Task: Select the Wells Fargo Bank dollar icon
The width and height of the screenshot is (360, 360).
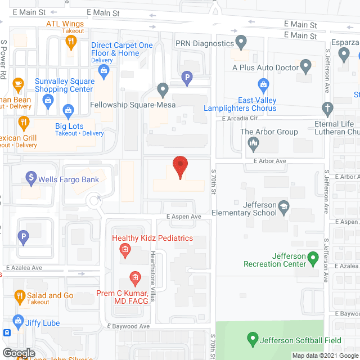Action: (x=31, y=179)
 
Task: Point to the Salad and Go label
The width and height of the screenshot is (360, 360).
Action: (x=53, y=295)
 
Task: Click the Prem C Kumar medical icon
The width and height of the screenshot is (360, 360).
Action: (x=134, y=277)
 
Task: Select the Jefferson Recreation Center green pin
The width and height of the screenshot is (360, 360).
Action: (x=313, y=259)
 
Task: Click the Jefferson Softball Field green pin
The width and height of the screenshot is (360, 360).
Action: (x=253, y=339)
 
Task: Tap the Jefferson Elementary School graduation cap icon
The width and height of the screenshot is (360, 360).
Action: (x=283, y=208)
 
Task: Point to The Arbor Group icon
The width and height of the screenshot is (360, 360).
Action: (x=253, y=145)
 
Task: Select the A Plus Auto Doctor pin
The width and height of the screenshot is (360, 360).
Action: (x=306, y=66)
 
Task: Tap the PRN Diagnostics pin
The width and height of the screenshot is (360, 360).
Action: (x=241, y=42)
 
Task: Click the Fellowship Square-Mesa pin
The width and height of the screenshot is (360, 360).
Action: (x=163, y=89)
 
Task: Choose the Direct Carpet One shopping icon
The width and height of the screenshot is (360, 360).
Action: (x=103, y=70)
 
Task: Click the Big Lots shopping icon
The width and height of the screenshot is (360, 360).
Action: (x=68, y=109)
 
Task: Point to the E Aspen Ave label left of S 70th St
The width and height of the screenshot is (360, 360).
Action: (x=183, y=217)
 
